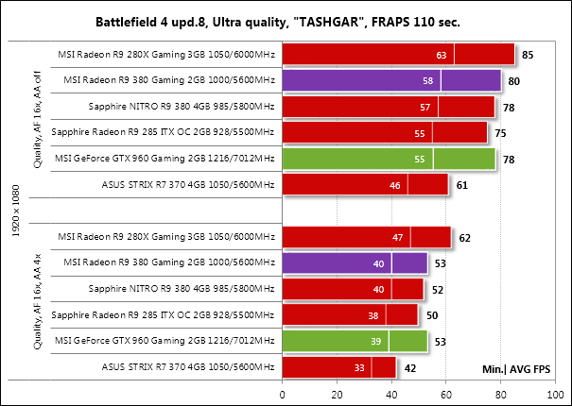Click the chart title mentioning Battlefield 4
click(286, 20)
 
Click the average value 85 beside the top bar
click(528, 56)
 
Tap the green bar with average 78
click(389, 159)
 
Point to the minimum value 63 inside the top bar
click(441, 56)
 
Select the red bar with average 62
click(366, 237)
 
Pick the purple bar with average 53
click(355, 262)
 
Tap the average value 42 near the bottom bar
click(410, 367)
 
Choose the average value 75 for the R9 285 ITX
click(501, 133)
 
